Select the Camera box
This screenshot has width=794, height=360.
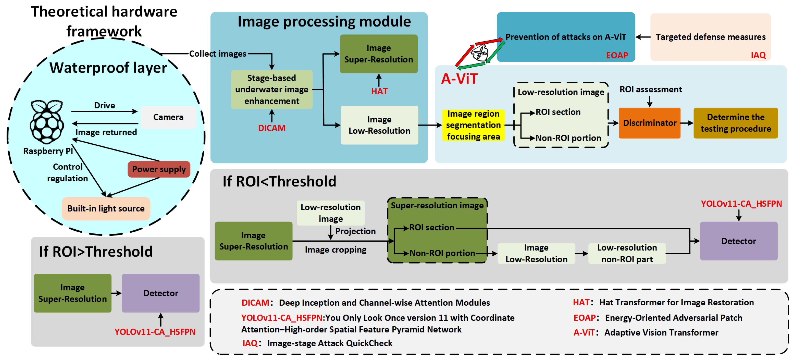click(x=168, y=117)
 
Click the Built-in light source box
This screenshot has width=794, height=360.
click(x=106, y=208)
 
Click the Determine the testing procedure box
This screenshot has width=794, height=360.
click(x=735, y=123)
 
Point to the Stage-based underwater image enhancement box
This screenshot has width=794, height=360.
click(x=272, y=89)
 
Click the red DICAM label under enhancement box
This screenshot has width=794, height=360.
click(x=272, y=128)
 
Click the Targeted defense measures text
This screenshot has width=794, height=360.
click(x=710, y=37)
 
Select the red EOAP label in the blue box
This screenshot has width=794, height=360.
click(x=617, y=55)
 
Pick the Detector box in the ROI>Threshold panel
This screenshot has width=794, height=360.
click(x=160, y=293)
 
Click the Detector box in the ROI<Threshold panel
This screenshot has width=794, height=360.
click(x=738, y=241)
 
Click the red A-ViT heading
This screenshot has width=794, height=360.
click(x=459, y=79)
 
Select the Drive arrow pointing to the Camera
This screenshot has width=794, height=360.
click(x=104, y=111)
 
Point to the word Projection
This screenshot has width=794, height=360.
click(x=355, y=231)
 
